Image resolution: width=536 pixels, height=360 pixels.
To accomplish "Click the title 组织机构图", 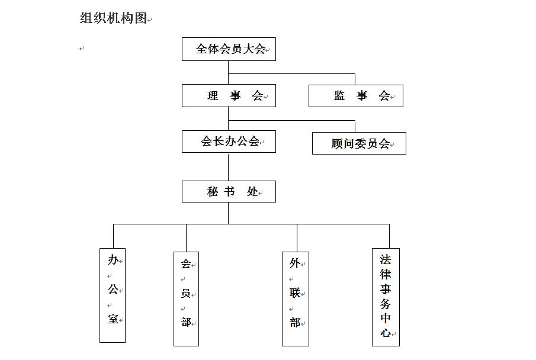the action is pyautogui.click(x=114, y=18).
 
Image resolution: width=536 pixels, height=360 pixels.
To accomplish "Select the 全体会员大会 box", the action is pyautogui.click(x=229, y=49).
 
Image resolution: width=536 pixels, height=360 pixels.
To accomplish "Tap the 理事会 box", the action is pyautogui.click(x=229, y=96).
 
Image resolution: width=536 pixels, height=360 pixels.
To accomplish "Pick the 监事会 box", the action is pyautogui.click(x=356, y=96).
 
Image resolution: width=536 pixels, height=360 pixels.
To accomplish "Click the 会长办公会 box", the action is pyautogui.click(x=229, y=142).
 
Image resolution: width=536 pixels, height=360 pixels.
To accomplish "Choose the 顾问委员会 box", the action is pyautogui.click(x=360, y=143).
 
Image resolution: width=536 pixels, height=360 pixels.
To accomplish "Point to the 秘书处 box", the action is pyautogui.click(x=229, y=191).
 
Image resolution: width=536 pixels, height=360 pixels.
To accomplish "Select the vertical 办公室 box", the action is pyautogui.click(x=113, y=295).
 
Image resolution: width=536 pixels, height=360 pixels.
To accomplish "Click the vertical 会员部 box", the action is pyautogui.click(x=187, y=299).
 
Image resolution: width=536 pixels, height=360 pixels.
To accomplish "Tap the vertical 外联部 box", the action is pyautogui.click(x=296, y=299).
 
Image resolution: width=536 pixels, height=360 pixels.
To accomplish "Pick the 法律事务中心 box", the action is pyautogui.click(x=386, y=297).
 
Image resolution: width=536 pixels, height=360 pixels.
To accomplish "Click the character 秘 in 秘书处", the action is pyautogui.click(x=212, y=191).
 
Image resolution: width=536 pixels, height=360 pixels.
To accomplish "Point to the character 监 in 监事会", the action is pyautogui.click(x=339, y=95).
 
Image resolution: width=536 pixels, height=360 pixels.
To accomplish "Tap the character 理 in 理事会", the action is pyautogui.click(x=213, y=95).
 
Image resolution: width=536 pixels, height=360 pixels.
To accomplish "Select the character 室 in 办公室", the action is pyautogui.click(x=113, y=319).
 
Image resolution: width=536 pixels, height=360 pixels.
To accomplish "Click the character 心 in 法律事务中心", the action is pyautogui.click(x=386, y=332).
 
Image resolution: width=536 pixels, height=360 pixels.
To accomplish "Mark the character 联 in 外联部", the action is pyautogui.click(x=295, y=292).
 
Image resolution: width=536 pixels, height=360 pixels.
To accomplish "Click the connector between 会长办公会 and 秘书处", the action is pyautogui.click(x=229, y=167).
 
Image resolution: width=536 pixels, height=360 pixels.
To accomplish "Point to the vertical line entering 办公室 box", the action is pyautogui.click(x=114, y=236).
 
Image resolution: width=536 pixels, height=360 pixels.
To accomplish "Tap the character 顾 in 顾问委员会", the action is pyautogui.click(x=337, y=144).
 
